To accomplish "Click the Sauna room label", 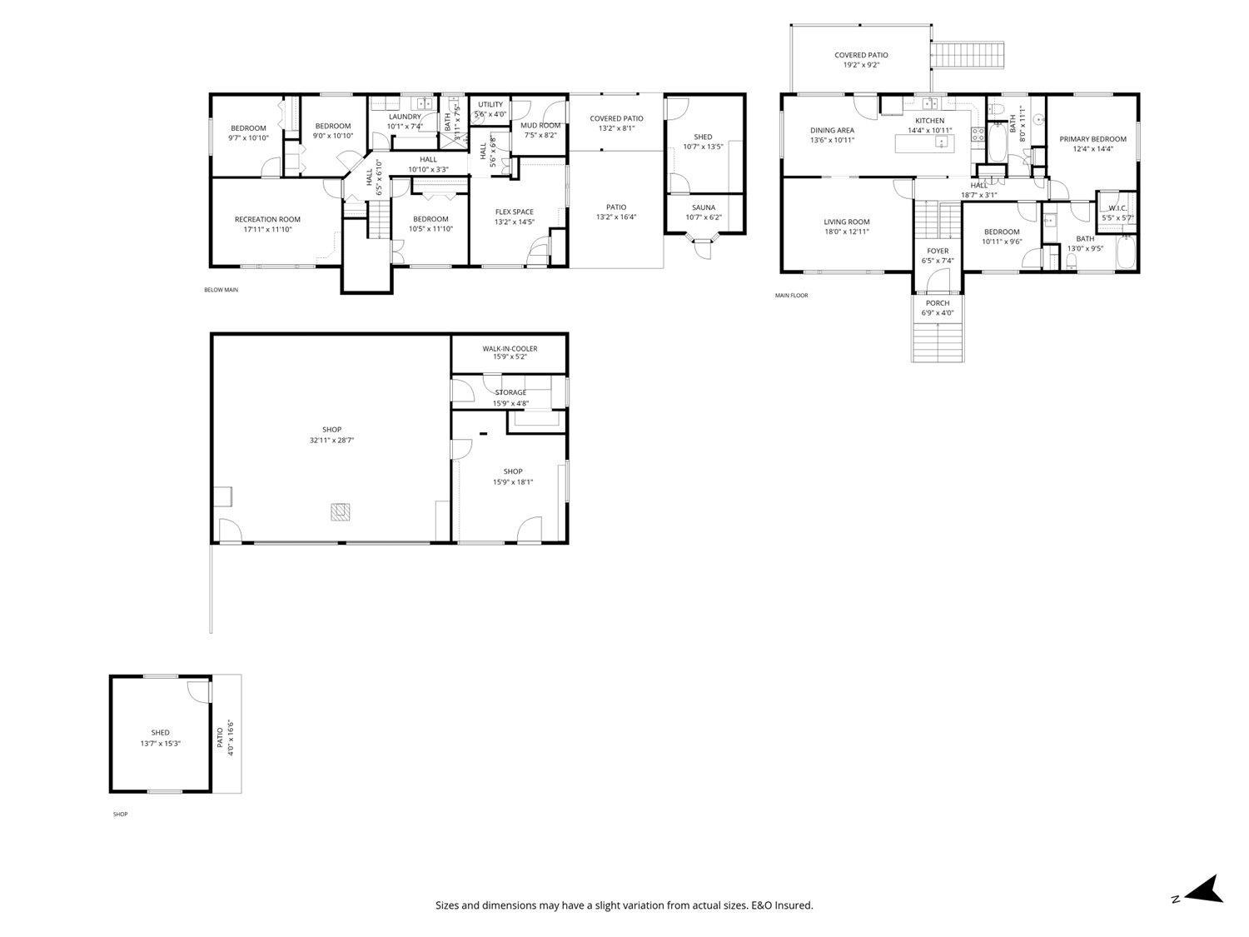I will (703, 207).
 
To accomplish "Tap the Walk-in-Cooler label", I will (510, 349).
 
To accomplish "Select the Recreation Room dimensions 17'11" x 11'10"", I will (267, 229).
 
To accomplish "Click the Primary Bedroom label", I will (1092, 139).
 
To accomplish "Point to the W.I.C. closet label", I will (1117, 208).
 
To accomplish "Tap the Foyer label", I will (938, 251).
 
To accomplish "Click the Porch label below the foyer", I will (938, 303).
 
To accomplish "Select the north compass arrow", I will (1205, 890).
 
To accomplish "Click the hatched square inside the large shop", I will (340, 511).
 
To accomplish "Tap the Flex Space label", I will (514, 212).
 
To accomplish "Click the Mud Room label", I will (540, 126).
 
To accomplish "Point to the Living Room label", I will (846, 222).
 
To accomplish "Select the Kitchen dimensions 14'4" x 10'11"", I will (929, 131).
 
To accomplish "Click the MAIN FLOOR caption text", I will (791, 295).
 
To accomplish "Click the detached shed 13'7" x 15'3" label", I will (160, 733).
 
